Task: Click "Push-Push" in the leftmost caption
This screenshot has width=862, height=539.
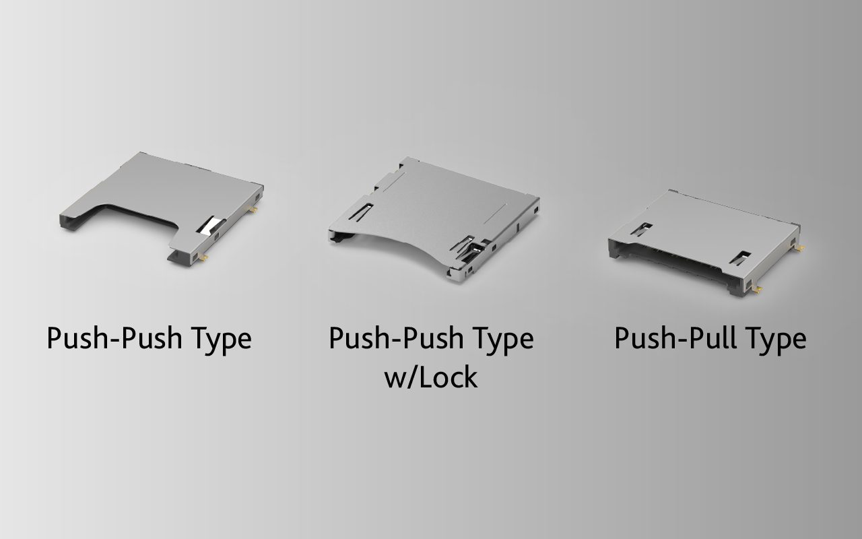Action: (114, 338)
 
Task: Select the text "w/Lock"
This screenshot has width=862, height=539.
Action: (431, 378)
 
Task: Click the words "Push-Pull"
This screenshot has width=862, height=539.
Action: (675, 338)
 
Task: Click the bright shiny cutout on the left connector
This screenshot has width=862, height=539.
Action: (210, 224)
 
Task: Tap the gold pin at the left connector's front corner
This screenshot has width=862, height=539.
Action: (204, 257)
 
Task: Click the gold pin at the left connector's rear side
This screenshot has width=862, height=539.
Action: (253, 210)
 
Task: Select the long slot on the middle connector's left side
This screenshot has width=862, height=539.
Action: (361, 212)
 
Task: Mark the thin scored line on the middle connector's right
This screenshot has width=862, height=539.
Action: (495, 214)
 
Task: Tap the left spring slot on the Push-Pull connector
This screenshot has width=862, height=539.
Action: (642, 228)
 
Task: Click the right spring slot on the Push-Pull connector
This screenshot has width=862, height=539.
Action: (739, 258)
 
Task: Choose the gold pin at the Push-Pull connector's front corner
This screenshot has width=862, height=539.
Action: (757, 289)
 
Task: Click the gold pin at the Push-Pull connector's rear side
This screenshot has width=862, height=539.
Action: (799, 249)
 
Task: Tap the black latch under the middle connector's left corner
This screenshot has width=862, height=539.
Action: (337, 239)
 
